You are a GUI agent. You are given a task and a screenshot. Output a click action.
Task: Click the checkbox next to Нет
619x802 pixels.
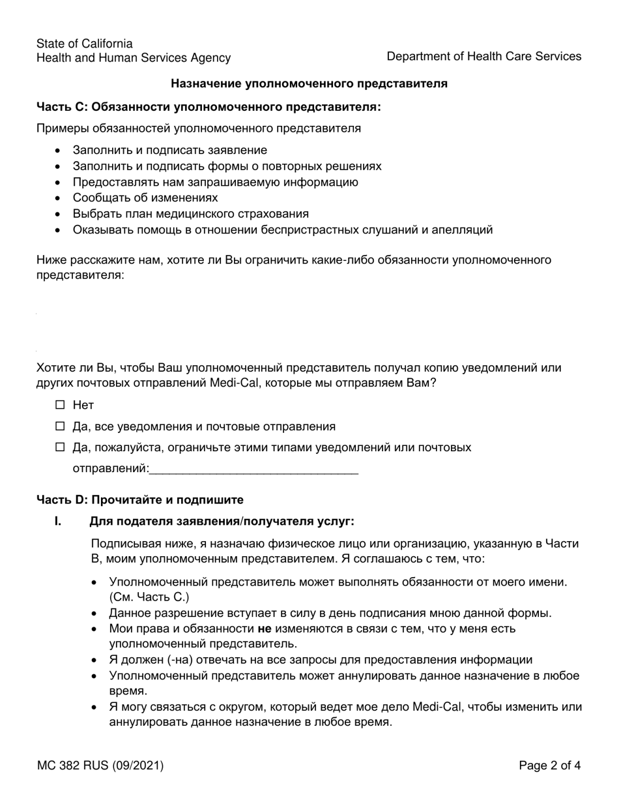[x=61, y=405]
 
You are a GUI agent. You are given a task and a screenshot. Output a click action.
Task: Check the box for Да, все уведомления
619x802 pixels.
[x=61, y=426]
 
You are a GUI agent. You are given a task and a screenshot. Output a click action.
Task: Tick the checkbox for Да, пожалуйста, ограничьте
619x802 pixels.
[x=61, y=447]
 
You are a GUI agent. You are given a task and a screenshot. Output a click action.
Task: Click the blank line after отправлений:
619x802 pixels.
[x=253, y=469]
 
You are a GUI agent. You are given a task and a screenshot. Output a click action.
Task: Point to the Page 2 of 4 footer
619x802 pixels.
[x=549, y=765]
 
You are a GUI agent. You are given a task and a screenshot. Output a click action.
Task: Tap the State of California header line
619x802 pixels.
[x=84, y=44]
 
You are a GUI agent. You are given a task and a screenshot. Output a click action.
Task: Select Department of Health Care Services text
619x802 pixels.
[x=483, y=57]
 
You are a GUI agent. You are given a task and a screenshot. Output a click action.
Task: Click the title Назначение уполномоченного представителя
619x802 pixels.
[x=309, y=83]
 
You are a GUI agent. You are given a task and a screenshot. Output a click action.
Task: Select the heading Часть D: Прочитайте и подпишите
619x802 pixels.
[x=139, y=499]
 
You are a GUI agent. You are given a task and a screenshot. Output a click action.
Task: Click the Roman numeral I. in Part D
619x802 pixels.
[x=58, y=521]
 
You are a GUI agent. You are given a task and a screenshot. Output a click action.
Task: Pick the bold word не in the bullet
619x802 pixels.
[x=265, y=629]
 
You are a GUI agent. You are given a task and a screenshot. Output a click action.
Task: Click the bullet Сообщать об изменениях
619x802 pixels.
[x=145, y=198]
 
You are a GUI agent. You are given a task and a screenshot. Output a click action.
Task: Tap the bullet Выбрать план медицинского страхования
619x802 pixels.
[x=190, y=213]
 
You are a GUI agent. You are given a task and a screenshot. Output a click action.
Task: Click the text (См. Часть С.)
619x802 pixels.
[x=149, y=597]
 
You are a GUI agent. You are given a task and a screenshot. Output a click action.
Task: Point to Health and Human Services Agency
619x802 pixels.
[x=133, y=58]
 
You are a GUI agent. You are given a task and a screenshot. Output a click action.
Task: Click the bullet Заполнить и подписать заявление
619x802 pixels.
[x=169, y=150]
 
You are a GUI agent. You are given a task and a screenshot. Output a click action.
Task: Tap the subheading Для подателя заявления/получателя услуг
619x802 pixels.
[x=222, y=521]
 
